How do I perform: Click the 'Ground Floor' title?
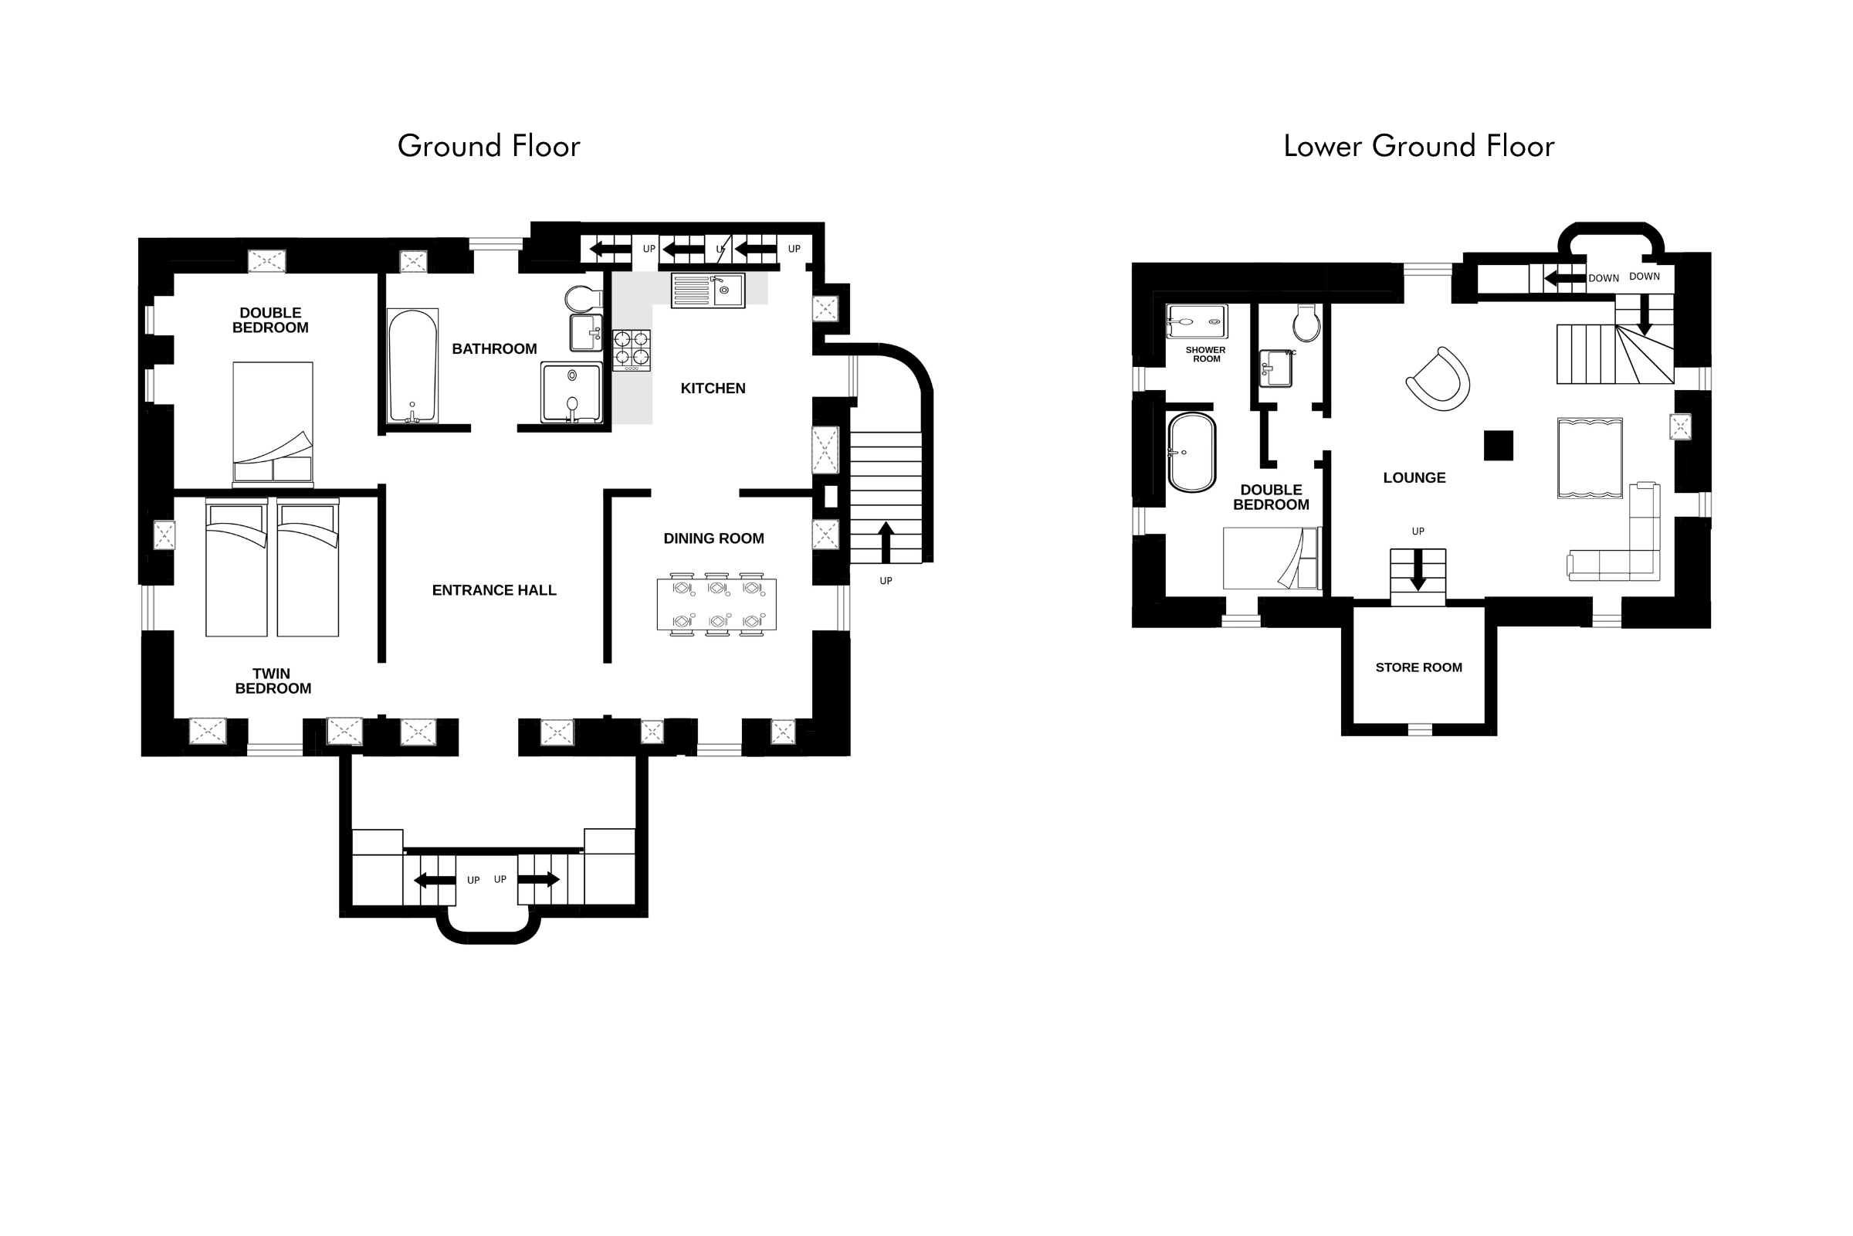point(489,147)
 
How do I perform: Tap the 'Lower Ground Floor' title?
point(1419,147)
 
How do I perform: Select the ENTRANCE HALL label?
point(494,590)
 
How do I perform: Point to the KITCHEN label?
point(713,389)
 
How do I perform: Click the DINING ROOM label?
point(713,538)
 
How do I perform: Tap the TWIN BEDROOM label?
point(273,681)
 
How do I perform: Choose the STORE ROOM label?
point(1419,667)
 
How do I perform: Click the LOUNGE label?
point(1414,477)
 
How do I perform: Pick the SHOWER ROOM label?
point(1205,355)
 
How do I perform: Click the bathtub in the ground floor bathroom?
point(413,366)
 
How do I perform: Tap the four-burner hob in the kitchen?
point(632,350)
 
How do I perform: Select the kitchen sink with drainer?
point(708,290)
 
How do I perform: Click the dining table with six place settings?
point(717,605)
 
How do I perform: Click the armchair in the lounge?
point(1439,379)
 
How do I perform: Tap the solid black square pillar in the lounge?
point(1499,446)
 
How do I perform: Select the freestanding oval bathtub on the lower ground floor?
point(1191,453)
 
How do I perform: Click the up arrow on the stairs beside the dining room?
point(886,542)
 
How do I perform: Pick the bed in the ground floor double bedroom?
point(273,423)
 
